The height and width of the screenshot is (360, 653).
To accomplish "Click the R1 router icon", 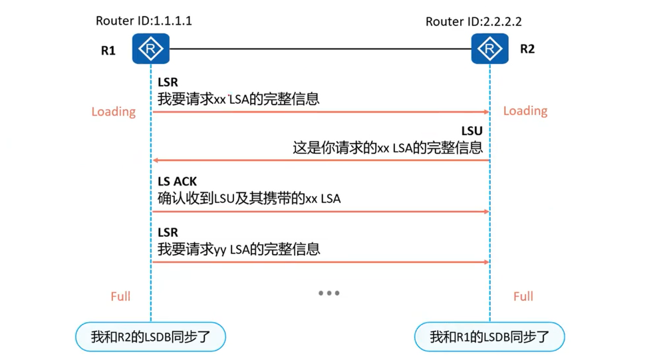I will (x=151, y=49).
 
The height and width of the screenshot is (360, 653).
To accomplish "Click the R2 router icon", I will (x=490, y=49).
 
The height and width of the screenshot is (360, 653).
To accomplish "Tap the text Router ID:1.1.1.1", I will (x=144, y=21).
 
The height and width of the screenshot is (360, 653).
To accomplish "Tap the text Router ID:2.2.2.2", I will (x=473, y=22).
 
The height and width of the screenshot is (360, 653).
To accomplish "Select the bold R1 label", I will (x=108, y=51).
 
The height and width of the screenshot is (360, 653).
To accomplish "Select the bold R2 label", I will (x=527, y=49).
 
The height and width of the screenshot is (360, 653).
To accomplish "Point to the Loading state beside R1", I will (x=114, y=112).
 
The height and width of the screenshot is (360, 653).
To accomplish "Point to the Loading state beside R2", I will (x=525, y=110).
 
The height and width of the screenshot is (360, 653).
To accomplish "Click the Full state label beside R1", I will (x=120, y=296).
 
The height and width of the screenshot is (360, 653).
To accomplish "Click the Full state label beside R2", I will (x=523, y=296).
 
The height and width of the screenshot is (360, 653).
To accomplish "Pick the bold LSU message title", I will (x=472, y=131).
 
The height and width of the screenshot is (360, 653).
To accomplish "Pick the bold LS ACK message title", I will (x=178, y=182).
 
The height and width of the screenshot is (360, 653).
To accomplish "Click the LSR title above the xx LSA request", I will (x=168, y=83).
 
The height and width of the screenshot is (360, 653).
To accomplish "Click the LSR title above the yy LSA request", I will (x=168, y=232).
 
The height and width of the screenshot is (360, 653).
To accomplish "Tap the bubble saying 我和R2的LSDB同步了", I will (x=151, y=337).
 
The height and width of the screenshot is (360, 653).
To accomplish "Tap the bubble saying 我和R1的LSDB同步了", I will (x=489, y=337).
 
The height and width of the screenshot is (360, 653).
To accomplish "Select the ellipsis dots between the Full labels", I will (x=328, y=293).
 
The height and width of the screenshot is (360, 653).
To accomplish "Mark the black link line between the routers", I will (x=319, y=49).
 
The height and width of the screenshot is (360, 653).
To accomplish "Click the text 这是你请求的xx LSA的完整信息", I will (x=388, y=148).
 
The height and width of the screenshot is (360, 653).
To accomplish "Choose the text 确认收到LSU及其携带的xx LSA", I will (x=249, y=198).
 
